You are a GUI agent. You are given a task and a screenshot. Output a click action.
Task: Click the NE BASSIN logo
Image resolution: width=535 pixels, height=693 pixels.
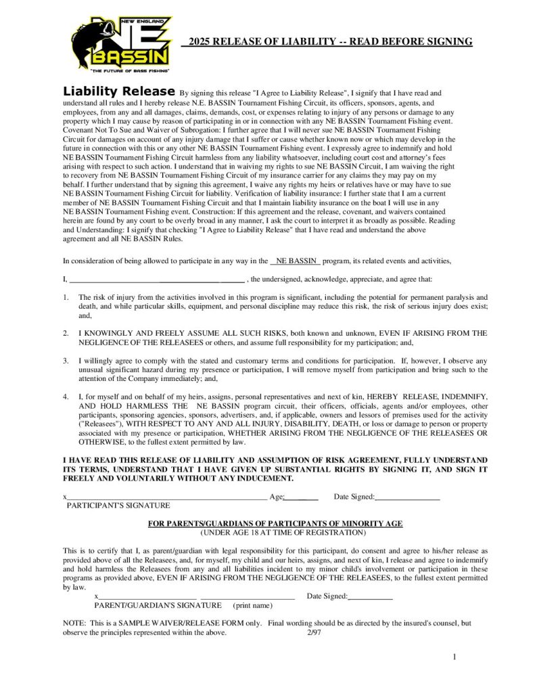tap(121, 44)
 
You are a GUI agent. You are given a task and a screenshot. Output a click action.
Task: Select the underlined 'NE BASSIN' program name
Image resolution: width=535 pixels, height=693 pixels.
tap(296, 261)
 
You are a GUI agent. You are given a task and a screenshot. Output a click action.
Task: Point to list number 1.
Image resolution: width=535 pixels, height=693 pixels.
tap(66, 297)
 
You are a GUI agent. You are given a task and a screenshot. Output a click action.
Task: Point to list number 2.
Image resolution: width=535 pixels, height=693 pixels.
tap(66, 333)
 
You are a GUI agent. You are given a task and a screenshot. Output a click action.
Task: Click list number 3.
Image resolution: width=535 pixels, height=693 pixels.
tap(66, 361)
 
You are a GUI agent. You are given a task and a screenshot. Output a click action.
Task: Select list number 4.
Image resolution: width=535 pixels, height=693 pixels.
tap(66, 396)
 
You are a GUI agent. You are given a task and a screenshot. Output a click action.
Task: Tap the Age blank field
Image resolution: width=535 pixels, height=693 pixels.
tap(302, 497)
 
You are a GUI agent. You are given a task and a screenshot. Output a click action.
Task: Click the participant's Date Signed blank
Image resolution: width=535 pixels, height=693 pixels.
tap(408, 497)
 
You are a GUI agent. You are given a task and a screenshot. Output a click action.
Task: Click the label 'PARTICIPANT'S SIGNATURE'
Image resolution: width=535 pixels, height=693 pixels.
tap(118, 506)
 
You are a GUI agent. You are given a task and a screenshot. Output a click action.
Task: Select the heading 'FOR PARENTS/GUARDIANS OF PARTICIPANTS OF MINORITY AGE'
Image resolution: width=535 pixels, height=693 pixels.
tap(275, 524)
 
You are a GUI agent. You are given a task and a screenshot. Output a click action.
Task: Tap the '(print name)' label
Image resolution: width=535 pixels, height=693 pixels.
tap(252, 606)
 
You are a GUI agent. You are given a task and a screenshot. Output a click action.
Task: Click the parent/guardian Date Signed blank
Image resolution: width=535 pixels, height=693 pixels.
tap(371, 597)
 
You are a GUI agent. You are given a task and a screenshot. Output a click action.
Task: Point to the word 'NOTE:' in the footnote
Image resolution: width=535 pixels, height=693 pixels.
tap(74, 623)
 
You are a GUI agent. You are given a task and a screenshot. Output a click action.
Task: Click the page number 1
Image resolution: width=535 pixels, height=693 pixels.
tap(455, 657)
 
